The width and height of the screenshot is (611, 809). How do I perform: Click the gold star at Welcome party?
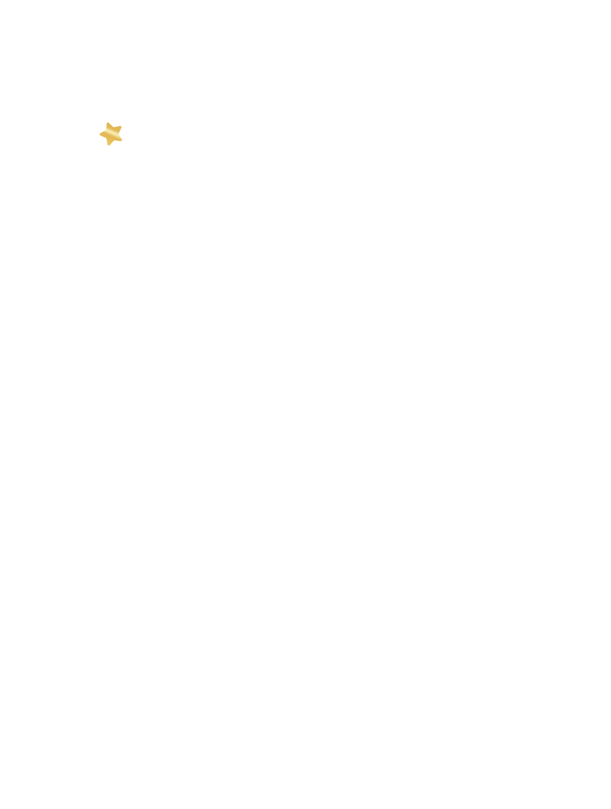point(111,134)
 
